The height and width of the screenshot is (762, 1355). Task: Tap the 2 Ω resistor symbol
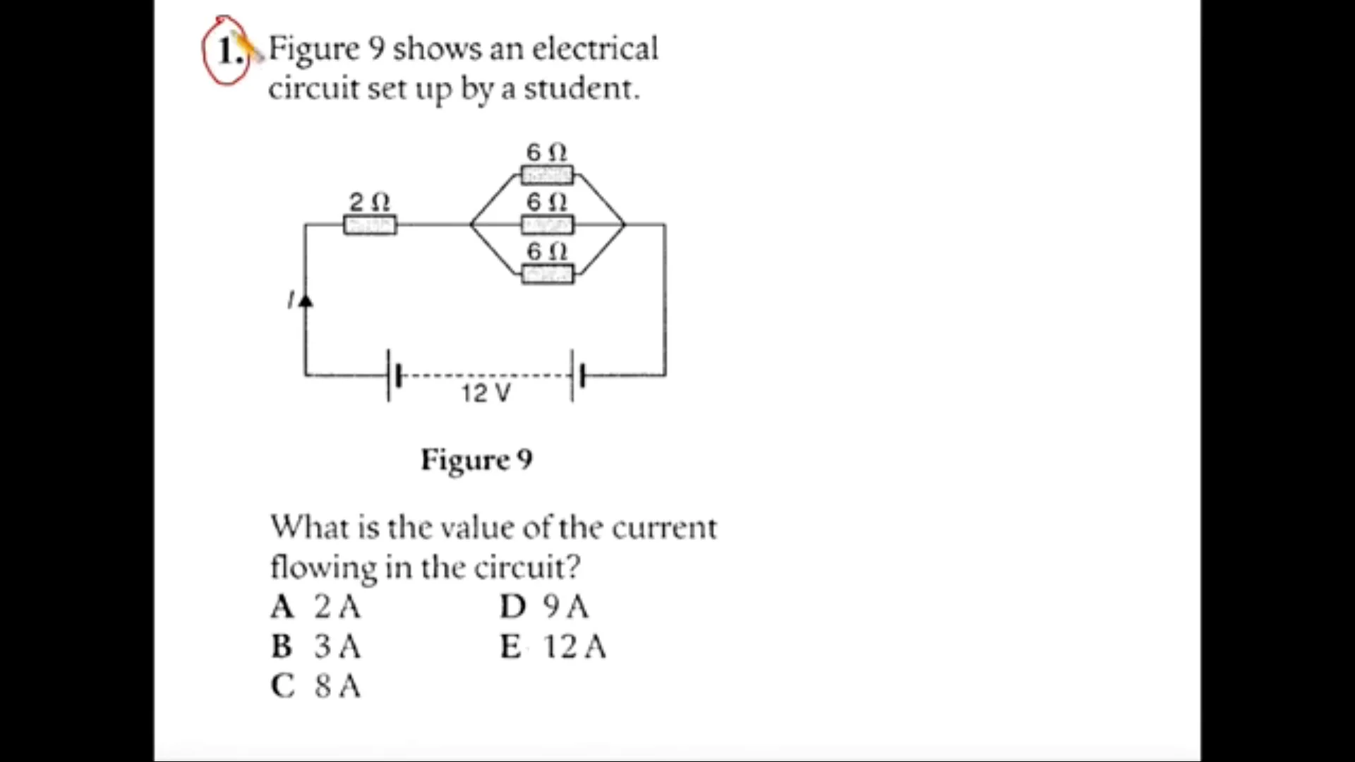370,225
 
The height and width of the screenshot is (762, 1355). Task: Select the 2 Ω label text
370,202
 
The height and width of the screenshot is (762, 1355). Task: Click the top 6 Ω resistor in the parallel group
547,174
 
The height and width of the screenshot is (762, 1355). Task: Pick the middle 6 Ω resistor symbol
547,225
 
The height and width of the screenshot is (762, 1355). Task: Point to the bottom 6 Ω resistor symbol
548,274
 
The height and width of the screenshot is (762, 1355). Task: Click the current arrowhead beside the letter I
306,301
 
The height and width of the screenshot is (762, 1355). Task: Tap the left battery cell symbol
393,375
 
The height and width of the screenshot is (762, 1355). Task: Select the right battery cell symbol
577,375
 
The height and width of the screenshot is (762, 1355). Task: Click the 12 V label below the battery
486,393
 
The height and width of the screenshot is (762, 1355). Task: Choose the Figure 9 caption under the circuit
476,460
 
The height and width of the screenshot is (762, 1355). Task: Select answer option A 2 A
315,607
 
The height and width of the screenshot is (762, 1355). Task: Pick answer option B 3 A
315,646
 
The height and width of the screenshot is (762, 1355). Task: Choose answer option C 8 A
315,686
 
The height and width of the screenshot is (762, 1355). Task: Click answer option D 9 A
544,607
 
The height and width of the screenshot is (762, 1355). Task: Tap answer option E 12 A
553,646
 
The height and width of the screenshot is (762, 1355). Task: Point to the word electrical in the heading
594,49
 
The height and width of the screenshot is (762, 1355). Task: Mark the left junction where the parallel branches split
471,225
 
